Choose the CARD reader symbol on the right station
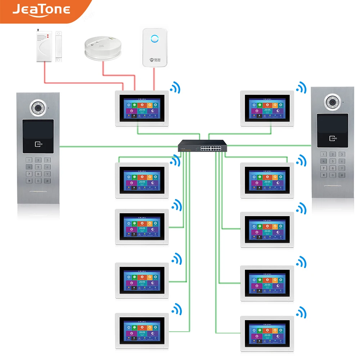(x=333, y=138)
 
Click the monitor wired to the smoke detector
(x=141, y=108)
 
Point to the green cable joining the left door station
(x=119, y=147)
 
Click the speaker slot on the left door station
(x=38, y=192)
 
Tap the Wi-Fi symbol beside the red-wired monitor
(x=176, y=87)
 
